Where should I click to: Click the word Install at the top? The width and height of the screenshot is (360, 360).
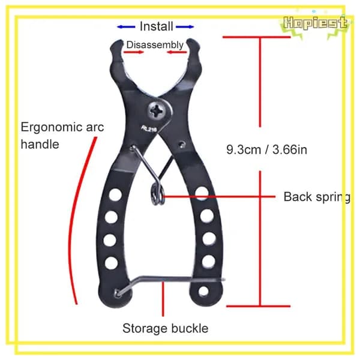[157, 26]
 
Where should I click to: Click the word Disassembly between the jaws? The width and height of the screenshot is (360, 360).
[155, 45]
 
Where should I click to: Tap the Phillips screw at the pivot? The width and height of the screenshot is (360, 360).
[157, 112]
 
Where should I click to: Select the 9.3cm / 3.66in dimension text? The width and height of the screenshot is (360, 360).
[266, 149]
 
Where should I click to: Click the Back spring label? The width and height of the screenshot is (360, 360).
[317, 197]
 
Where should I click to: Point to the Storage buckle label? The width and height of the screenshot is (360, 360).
[166, 328]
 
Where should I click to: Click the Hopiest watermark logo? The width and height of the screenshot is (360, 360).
[315, 23]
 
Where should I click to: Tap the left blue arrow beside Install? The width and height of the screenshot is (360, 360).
[126, 27]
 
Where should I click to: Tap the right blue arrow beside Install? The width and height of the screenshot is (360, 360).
[185, 27]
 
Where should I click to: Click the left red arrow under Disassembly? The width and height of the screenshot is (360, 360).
[134, 52]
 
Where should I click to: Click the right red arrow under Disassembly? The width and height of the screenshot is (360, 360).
[177, 52]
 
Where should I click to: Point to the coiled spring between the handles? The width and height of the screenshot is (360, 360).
[157, 194]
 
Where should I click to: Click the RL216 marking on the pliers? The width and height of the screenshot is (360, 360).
[149, 129]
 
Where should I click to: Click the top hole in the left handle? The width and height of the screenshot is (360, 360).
[115, 194]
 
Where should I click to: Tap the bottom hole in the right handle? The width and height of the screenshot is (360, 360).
[203, 292]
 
